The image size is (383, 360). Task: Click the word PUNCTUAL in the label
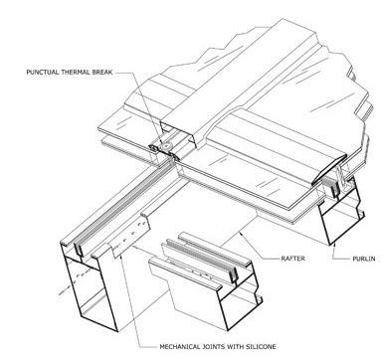click(42, 72)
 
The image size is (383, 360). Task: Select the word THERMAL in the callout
click(75, 72)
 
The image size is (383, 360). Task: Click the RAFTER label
click(292, 258)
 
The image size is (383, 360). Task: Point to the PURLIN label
click(364, 258)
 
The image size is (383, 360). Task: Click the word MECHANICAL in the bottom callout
click(180, 347)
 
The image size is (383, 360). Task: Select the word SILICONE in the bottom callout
click(261, 347)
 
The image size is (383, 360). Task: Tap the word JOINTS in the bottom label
click(214, 347)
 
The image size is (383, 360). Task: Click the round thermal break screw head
click(165, 146)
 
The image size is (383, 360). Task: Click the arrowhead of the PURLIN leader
click(335, 246)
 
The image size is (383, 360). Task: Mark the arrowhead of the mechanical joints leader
click(134, 247)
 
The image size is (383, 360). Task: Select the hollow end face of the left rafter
click(90, 291)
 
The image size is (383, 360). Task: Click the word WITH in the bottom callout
click(235, 347)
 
